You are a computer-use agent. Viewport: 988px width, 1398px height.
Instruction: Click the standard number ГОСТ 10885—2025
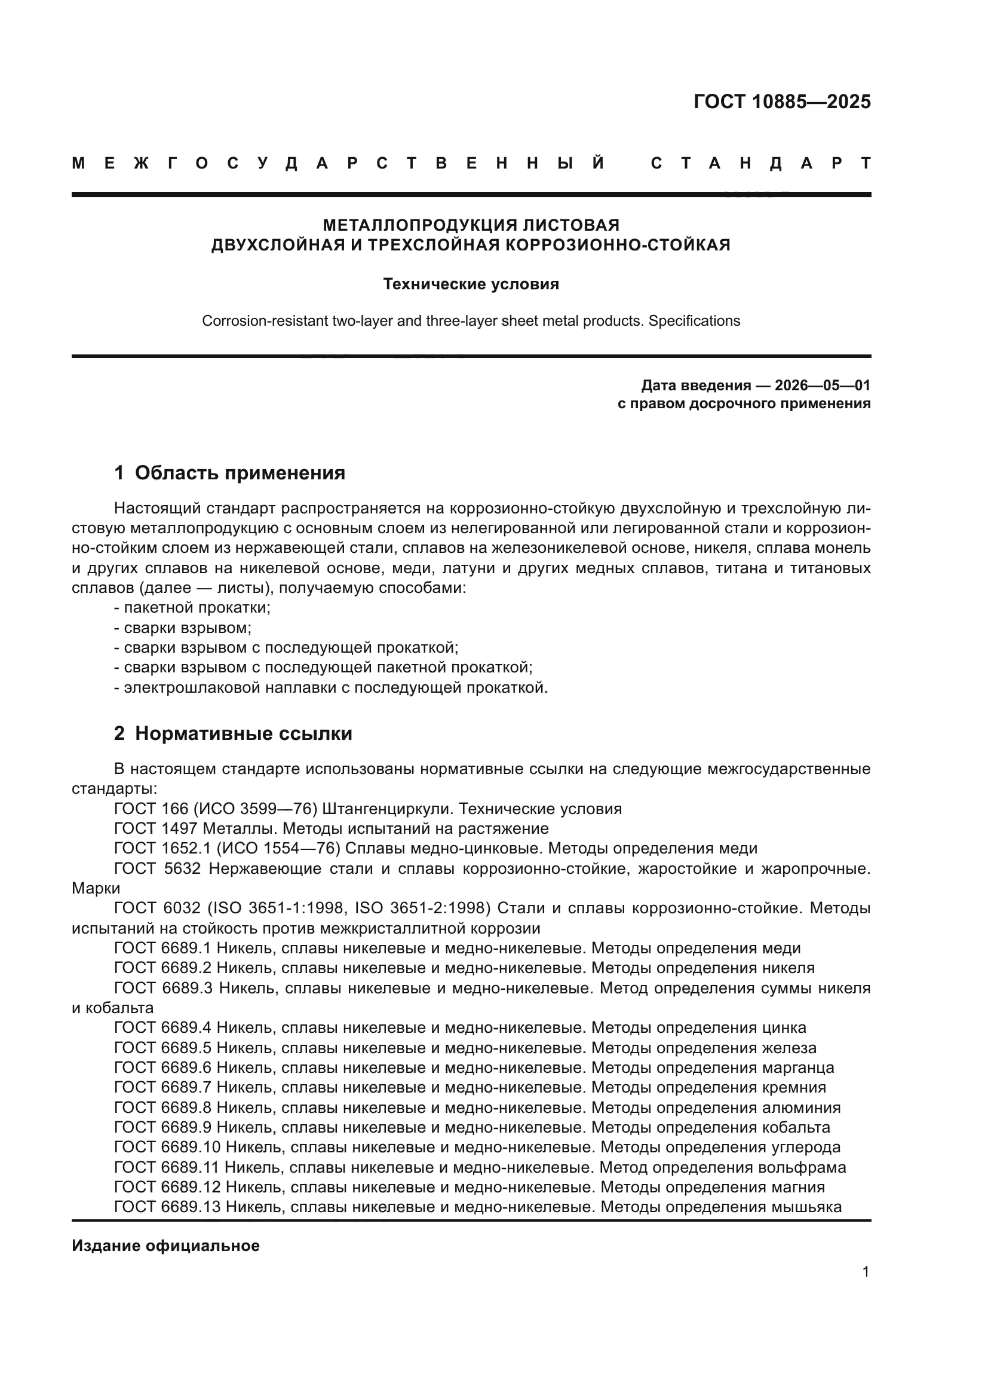tap(782, 102)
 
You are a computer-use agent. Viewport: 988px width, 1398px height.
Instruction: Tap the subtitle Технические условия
tap(471, 285)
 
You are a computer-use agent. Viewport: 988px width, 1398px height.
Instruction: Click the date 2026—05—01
tap(823, 386)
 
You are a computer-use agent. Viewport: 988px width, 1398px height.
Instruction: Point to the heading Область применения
tap(240, 473)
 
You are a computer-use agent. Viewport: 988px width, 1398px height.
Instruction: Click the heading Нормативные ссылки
tap(243, 734)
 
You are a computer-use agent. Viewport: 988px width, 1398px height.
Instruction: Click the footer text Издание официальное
tap(165, 1246)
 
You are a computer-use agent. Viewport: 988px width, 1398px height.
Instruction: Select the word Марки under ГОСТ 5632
tap(96, 888)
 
